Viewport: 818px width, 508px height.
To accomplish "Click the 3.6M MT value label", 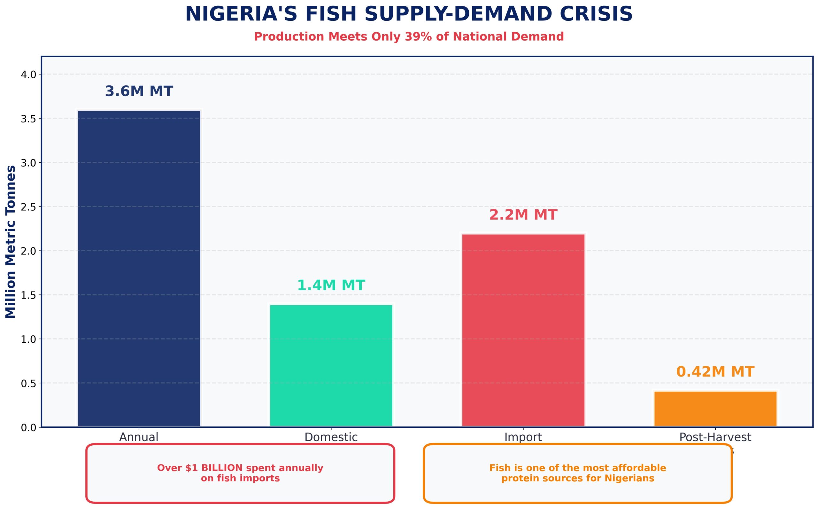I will point(139,91).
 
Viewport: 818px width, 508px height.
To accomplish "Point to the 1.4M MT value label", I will point(331,285).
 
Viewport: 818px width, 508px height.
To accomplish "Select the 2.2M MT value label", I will point(523,215).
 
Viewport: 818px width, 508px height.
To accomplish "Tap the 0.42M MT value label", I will point(715,372).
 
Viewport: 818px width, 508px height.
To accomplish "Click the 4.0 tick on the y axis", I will point(28,74).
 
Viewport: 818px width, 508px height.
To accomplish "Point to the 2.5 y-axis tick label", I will point(28,207).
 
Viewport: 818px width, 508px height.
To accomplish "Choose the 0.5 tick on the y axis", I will point(28,383).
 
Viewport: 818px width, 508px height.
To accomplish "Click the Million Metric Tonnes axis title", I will point(11,242).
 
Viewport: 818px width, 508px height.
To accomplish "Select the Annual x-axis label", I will point(139,437).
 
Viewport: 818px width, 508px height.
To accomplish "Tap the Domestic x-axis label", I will point(331,437).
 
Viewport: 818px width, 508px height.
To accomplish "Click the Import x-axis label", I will point(523,437).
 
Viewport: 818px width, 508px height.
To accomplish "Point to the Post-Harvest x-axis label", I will point(715,437).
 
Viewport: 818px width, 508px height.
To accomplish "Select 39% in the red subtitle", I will point(418,37).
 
